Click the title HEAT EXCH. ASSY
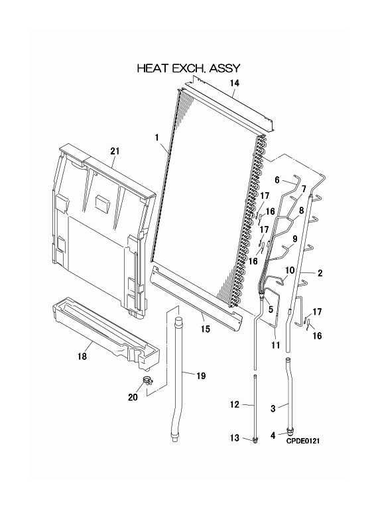click(188, 68)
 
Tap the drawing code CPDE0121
click(302, 441)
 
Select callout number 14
click(235, 83)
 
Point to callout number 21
click(115, 151)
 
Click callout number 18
click(82, 357)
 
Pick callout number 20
click(133, 397)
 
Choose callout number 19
click(201, 376)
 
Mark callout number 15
click(205, 329)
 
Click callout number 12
click(235, 404)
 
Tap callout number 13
click(235, 438)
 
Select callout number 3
click(273, 408)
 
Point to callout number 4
click(273, 435)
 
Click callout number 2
click(320, 273)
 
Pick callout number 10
click(290, 270)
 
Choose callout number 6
click(277, 180)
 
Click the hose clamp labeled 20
click(148, 380)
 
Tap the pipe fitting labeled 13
click(255, 441)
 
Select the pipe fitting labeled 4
click(290, 431)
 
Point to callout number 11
click(275, 345)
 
